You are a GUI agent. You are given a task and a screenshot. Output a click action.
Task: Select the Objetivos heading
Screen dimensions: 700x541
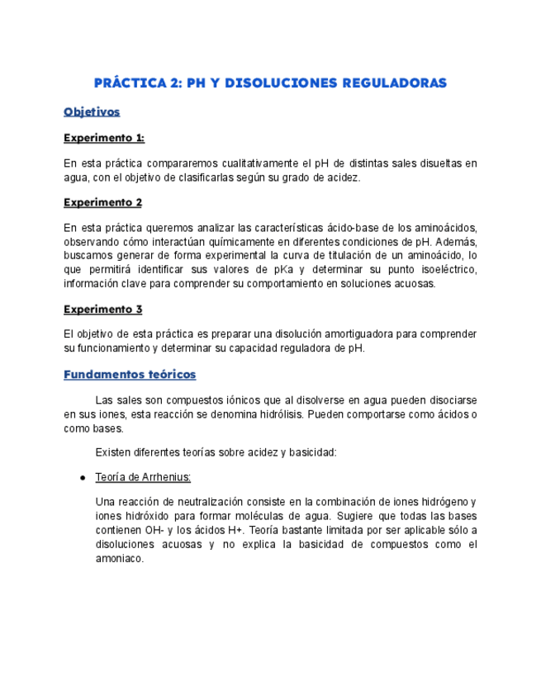92,111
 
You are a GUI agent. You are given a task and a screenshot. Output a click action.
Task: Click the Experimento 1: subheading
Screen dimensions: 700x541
104,138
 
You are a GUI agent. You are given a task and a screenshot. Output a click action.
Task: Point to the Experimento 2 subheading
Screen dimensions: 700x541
103,202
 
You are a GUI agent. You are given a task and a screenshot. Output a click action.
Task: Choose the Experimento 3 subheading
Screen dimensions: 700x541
103,310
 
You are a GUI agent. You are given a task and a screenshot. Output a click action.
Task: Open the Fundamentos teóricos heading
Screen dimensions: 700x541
130,374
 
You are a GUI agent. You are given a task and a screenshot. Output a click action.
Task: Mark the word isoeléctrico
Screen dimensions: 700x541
444,270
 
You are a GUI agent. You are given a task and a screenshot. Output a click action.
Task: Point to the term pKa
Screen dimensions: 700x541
268,270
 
